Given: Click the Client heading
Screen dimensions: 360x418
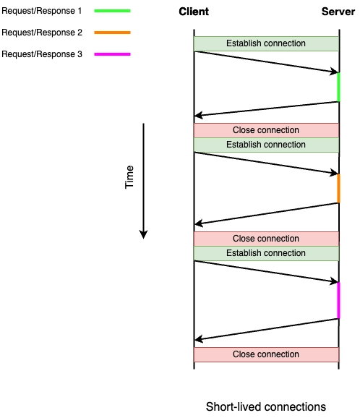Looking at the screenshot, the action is coord(194,12).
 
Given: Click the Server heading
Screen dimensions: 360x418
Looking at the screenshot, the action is coord(338,12).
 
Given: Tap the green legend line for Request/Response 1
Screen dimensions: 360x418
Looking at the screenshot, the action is coord(113,11).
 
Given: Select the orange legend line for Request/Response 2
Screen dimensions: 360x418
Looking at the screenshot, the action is coord(113,33).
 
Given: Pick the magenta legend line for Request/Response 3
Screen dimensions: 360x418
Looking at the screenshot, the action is coord(113,54).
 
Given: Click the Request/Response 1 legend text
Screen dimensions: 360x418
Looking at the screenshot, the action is coord(42,11).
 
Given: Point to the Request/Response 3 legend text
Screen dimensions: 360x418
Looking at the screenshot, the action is coord(42,54).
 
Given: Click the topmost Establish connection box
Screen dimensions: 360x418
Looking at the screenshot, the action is coord(266,43).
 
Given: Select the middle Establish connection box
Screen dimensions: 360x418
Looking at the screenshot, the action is coord(266,145).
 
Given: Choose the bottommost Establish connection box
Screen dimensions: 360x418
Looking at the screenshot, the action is coord(266,254).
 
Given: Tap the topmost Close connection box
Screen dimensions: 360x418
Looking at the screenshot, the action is coord(266,130).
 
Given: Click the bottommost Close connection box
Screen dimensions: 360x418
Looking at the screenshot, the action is coord(266,354).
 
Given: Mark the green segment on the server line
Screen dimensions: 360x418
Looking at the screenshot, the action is coord(339,88).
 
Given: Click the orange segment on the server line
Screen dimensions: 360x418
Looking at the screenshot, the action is coord(339,189).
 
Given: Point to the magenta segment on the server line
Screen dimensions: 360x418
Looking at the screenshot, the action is coord(339,300).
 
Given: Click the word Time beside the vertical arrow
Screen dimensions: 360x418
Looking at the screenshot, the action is coord(129,177).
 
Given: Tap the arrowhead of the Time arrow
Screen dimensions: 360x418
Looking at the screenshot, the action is coord(143,234).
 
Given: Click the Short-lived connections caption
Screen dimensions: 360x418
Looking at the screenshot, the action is coord(266,407).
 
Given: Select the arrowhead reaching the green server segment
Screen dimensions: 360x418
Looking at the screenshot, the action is coord(334,71).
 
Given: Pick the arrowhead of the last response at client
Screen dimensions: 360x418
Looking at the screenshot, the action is coord(199,339).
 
